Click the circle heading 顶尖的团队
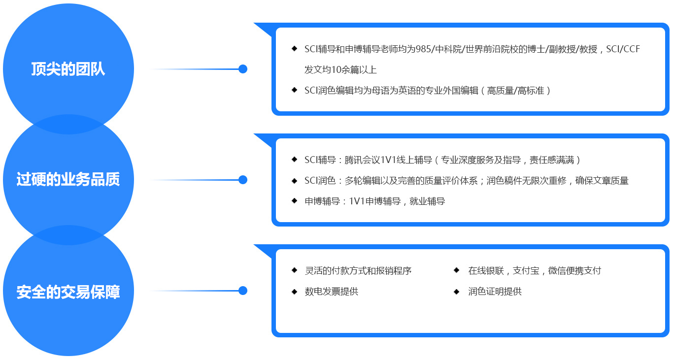(x=68, y=69)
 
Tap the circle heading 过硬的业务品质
(x=68, y=180)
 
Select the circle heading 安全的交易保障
(x=68, y=292)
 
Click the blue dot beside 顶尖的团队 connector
(x=242, y=69)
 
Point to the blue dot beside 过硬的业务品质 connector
(x=242, y=180)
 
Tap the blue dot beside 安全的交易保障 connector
(x=242, y=291)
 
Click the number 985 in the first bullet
(x=423, y=49)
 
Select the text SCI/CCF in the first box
(x=623, y=49)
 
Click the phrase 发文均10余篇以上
(x=340, y=70)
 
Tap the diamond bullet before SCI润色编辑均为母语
(x=294, y=90)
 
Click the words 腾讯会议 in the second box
(x=361, y=160)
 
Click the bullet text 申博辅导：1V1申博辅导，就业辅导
(x=374, y=201)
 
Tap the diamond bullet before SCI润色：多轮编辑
(x=294, y=180)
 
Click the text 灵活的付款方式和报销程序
(x=358, y=271)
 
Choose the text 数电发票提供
(x=331, y=292)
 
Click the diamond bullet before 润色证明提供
(x=457, y=291)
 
